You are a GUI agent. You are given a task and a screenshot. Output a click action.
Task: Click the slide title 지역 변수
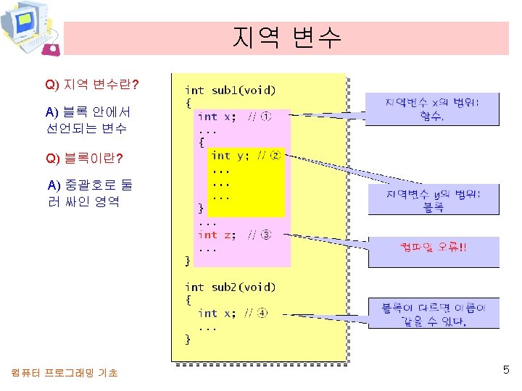tap(287, 38)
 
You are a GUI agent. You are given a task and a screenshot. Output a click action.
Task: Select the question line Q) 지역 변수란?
tap(92, 85)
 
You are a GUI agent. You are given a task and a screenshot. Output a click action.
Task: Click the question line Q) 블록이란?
tap(84, 158)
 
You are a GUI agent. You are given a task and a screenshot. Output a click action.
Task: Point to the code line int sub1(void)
tap(231, 91)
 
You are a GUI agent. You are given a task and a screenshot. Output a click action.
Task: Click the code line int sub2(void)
tap(231, 287)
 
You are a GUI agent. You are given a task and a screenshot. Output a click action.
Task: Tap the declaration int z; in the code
tap(217, 235)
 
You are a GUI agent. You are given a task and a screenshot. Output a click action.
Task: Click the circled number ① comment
tap(266, 117)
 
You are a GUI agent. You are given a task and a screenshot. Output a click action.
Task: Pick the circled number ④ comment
tap(262, 314)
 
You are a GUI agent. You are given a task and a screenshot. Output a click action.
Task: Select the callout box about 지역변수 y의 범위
tap(434, 200)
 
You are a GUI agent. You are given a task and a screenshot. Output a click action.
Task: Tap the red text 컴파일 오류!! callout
tap(434, 248)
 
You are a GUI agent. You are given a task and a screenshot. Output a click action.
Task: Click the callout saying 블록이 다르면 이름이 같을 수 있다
tap(434, 314)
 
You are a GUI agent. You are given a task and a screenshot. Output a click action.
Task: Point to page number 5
tap(506, 371)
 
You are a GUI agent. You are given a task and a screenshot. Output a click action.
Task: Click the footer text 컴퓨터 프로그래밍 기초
tap(65, 373)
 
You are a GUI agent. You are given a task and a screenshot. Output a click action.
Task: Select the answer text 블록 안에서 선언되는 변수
tap(86, 120)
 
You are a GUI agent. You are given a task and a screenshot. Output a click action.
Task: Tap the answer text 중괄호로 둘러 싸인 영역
tap(83, 193)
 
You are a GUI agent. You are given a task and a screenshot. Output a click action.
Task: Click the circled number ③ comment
tap(266, 235)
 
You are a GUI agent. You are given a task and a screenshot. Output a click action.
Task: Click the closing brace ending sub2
tap(188, 338)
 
